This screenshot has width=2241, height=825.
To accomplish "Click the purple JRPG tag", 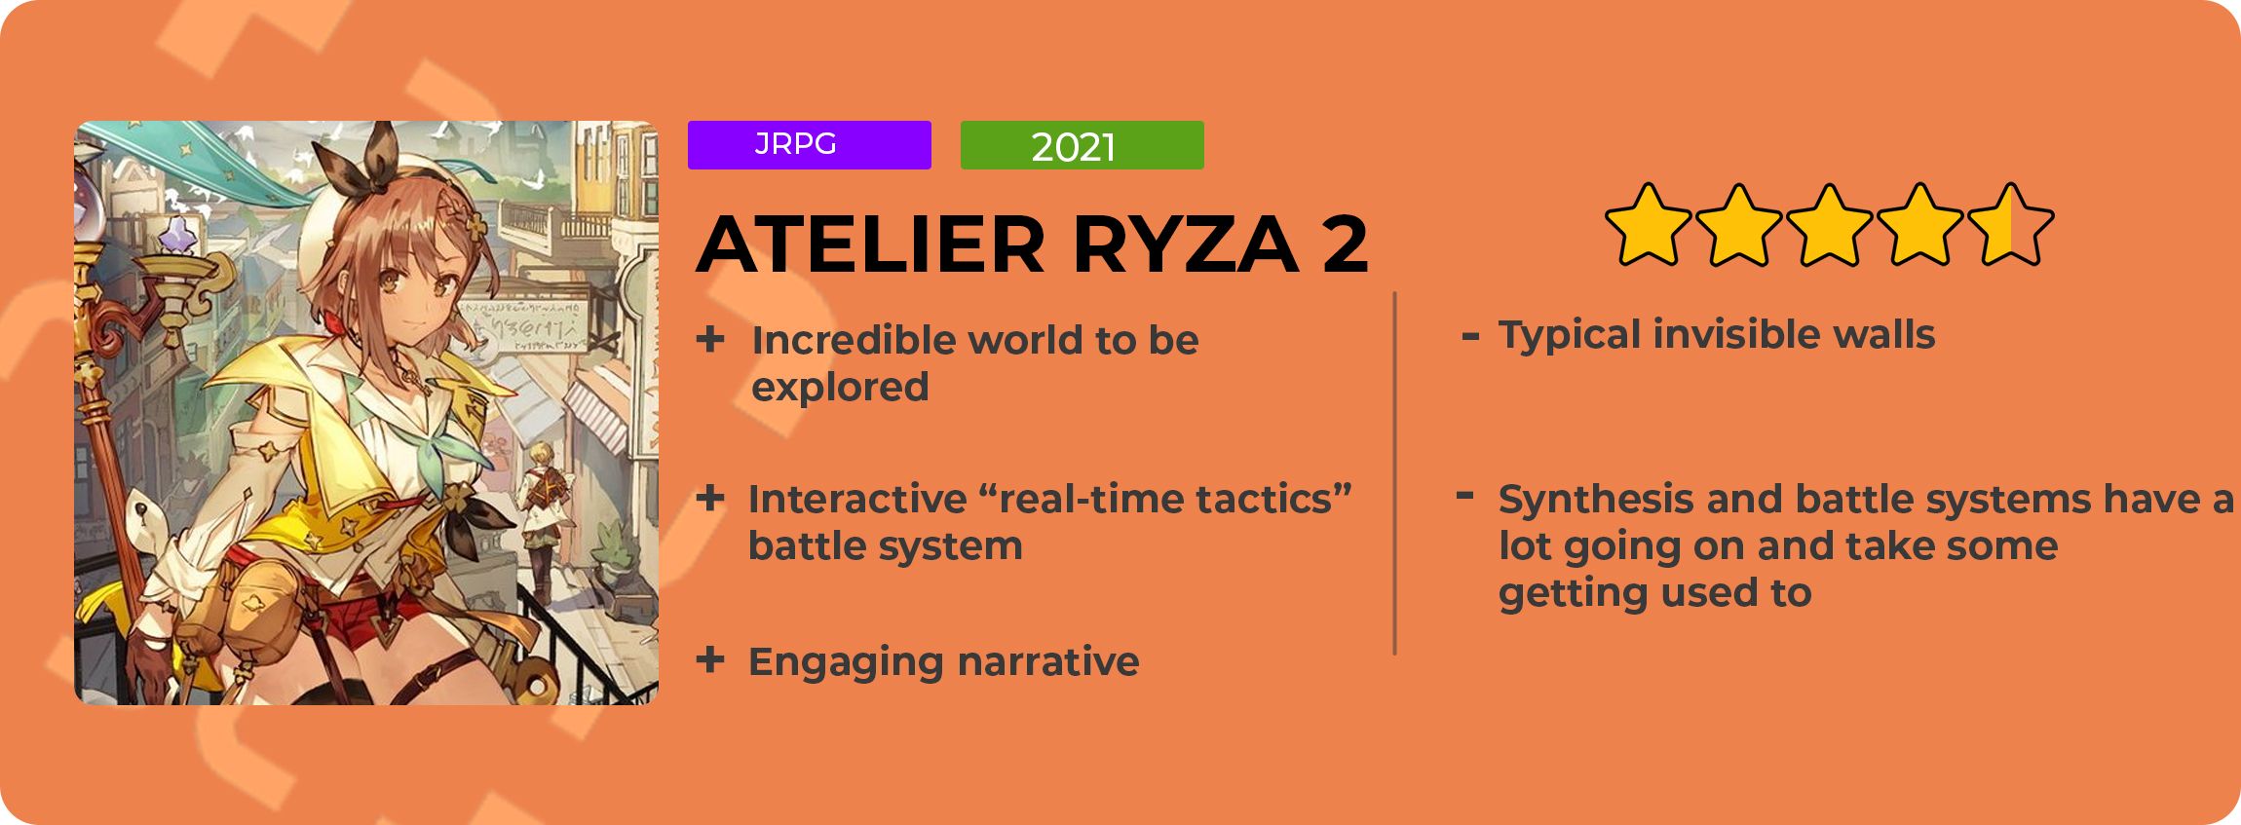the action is pyautogui.click(x=809, y=145).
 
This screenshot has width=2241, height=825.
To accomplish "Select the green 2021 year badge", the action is pyautogui.click(x=1082, y=145).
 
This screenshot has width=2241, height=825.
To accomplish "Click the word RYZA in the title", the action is pyautogui.click(x=1186, y=244).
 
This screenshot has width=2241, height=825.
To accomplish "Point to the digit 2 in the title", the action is pyautogui.click(x=1346, y=244).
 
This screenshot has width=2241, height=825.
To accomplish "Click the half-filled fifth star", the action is pyautogui.click(x=2011, y=225).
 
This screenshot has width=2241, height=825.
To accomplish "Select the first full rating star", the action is pyautogui.click(x=1649, y=225).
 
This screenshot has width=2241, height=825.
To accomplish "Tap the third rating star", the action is pyautogui.click(x=1830, y=225).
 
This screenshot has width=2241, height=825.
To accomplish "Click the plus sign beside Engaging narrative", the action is pyautogui.click(x=710, y=660).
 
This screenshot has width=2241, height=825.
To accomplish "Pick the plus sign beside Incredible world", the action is pyautogui.click(x=710, y=339).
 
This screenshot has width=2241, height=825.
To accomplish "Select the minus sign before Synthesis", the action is pyautogui.click(x=1464, y=496).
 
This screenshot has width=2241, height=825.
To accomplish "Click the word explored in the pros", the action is pyautogui.click(x=840, y=388).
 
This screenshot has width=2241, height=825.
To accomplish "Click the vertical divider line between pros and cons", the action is pyautogui.click(x=1395, y=473).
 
